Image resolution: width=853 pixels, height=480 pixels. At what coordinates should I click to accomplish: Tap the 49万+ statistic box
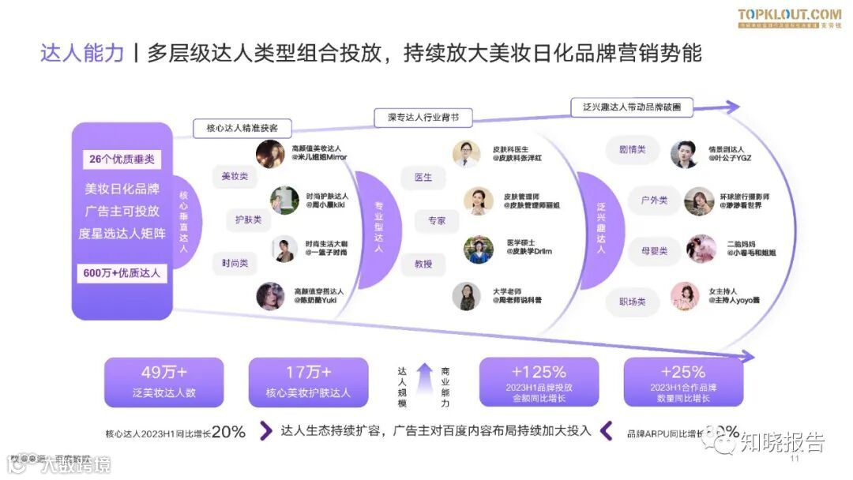click(x=163, y=382)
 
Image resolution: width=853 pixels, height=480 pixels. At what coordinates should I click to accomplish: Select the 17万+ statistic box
click(x=308, y=382)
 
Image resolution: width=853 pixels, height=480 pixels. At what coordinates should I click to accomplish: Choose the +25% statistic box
click(x=683, y=382)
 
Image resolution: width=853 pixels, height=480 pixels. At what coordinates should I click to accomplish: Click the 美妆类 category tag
click(x=235, y=178)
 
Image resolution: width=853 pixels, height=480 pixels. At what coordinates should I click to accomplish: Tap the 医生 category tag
click(x=423, y=178)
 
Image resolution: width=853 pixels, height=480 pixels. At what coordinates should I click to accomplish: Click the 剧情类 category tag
click(x=631, y=149)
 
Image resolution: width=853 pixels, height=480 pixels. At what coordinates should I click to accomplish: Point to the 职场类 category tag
click(x=631, y=302)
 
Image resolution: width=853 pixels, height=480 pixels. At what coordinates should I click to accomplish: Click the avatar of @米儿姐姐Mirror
click(x=270, y=153)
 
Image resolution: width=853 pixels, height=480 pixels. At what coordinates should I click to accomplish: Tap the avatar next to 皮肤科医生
click(x=466, y=153)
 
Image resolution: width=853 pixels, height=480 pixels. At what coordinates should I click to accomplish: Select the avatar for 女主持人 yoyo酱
click(x=685, y=296)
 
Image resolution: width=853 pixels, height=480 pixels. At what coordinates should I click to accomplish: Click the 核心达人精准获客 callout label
click(x=242, y=128)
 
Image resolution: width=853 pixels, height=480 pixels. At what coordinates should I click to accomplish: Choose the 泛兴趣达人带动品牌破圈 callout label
click(x=632, y=107)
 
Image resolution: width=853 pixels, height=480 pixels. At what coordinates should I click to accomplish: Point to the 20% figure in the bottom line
click(x=228, y=432)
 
